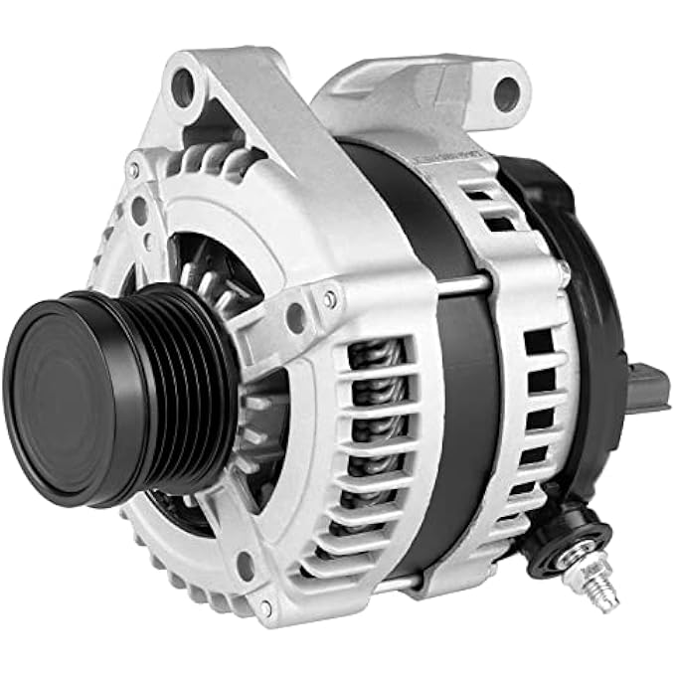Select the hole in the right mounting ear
coord(506,93)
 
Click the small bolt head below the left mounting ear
coord(133,171)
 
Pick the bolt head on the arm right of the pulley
coord(329,296)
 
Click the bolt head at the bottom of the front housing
coord(265,603)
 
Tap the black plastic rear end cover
coord(587,298)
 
